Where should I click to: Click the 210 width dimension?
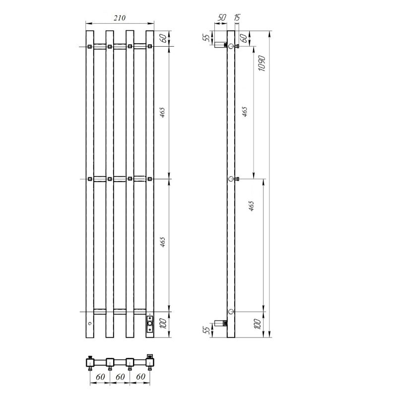120,18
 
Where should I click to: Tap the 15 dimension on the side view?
237,18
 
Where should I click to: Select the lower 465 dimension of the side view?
252,205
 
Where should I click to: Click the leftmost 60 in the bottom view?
100,377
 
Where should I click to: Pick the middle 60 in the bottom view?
120,377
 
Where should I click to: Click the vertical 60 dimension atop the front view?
162,39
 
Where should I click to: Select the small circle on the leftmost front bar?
90,324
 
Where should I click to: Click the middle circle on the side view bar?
231,179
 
